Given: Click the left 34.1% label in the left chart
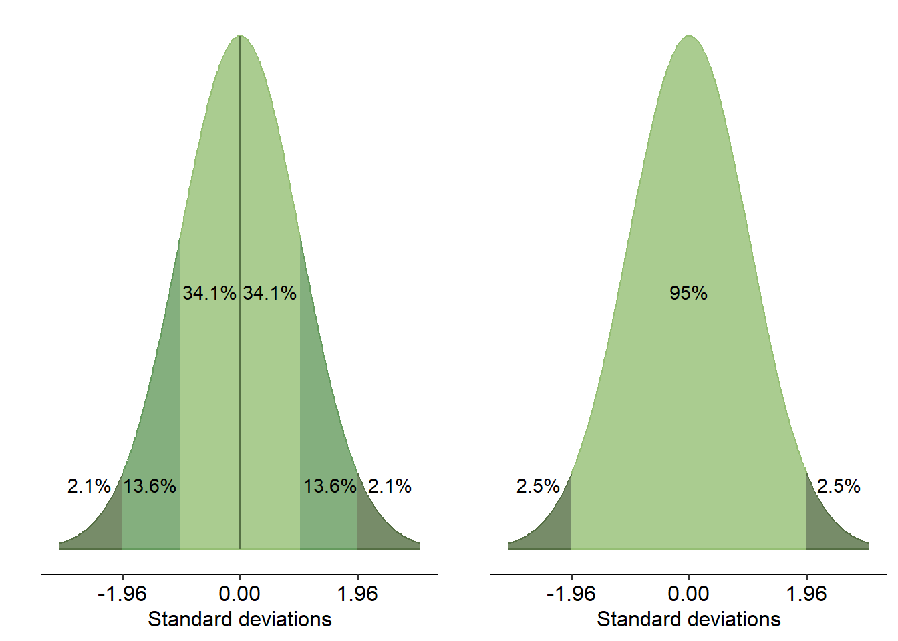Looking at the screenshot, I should tap(209, 293).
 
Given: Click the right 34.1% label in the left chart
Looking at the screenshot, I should tap(270, 293).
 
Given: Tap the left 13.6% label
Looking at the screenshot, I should tap(150, 486).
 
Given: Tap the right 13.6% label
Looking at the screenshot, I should tap(330, 486).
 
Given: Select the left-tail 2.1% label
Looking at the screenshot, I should tap(89, 486).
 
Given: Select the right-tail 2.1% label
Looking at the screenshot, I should tap(390, 486).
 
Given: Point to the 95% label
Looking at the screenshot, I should tap(688, 293).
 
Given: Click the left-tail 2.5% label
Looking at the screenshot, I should tap(538, 486).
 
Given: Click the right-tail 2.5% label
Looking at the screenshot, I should tap(839, 486).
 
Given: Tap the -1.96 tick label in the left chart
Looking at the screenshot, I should tap(122, 594).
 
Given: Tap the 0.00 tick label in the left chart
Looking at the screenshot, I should tap(240, 594).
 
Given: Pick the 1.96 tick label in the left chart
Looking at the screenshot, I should tap(357, 594).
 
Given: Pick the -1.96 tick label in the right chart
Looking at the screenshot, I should tap(571, 594).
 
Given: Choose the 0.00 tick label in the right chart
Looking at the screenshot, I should tap(689, 594).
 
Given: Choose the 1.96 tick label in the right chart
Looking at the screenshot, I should tap(806, 594).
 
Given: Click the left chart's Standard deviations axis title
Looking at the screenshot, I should tap(240, 620).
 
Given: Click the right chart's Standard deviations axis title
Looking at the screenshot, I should tap(689, 620).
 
